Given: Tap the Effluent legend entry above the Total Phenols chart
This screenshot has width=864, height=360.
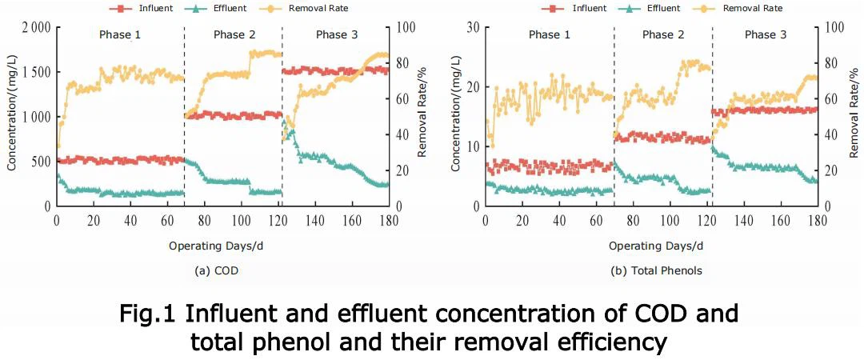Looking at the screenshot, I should point(650,8).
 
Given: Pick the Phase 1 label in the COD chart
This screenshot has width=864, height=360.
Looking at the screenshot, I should point(120,34).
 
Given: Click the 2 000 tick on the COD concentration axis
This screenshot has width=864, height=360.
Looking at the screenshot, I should point(35,27).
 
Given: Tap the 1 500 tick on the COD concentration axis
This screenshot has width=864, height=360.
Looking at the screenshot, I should point(35,72).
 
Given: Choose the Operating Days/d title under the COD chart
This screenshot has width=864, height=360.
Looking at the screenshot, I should point(215,246).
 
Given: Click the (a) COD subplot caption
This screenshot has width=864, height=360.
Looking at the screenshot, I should point(217,270).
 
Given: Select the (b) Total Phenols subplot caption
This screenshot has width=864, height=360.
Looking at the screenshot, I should point(656,270).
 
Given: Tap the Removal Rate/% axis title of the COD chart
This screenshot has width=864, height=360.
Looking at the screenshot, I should point(422,117).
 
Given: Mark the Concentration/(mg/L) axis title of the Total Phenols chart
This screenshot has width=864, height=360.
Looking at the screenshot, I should point(456,117).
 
